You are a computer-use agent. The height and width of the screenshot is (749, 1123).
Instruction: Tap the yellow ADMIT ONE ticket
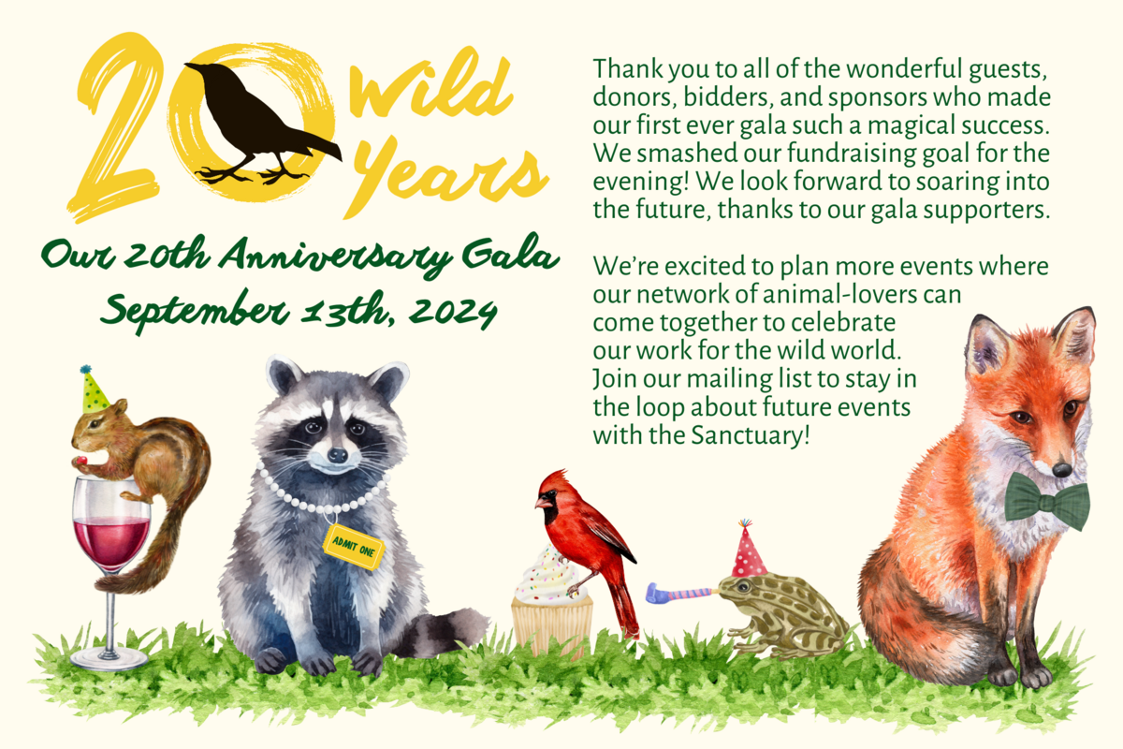(354, 547)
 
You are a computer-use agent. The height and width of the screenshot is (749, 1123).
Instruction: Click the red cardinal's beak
(543, 502)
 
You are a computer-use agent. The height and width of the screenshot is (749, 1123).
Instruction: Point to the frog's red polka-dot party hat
(748, 550)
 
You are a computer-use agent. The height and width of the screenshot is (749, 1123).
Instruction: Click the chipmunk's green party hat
(94, 389)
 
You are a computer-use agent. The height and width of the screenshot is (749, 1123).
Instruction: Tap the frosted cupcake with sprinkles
(551, 602)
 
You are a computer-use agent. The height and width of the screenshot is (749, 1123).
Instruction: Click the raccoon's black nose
(337, 455)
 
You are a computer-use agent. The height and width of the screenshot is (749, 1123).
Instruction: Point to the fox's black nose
(1061, 470)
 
